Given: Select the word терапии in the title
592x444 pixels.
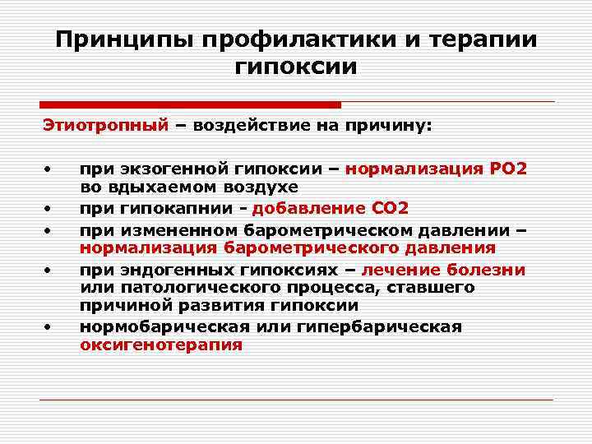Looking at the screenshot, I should coord(488,39).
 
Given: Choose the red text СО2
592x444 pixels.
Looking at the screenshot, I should coord(387,207).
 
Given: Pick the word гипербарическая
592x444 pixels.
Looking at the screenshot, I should coord(368,326).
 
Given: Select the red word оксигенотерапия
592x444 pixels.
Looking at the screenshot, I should coord(161,345).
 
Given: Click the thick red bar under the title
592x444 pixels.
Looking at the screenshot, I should coord(190,104).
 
